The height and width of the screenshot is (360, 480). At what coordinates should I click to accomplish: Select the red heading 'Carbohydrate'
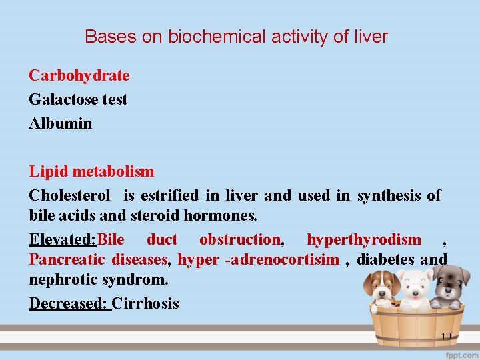click(x=79, y=76)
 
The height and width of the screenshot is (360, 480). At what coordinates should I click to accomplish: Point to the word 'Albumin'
click(x=61, y=124)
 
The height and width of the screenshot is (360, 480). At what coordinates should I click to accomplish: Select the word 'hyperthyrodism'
click(x=364, y=239)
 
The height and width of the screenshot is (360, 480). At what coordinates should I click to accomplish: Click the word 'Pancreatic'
click(x=67, y=260)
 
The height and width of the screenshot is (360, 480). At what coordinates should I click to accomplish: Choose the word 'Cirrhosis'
click(x=145, y=304)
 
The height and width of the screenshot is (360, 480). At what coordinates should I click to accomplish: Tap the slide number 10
click(x=446, y=336)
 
